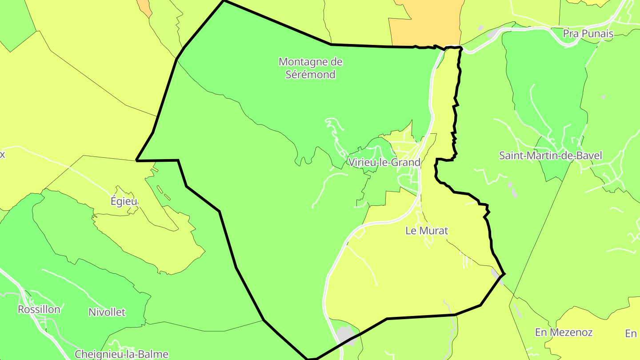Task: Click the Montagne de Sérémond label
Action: (x=310, y=68)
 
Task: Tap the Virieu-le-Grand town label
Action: (x=384, y=162)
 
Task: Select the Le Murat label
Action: (x=427, y=231)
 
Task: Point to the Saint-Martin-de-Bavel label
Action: (x=550, y=156)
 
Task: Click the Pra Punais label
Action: (x=588, y=34)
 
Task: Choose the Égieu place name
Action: (x=124, y=201)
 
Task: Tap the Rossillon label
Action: (x=39, y=309)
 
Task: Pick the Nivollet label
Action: (x=107, y=312)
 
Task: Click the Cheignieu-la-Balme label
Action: (x=121, y=354)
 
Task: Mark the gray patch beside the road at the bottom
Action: (x=345, y=335)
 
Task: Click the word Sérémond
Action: (x=310, y=74)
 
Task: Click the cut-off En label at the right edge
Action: (x=631, y=333)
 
